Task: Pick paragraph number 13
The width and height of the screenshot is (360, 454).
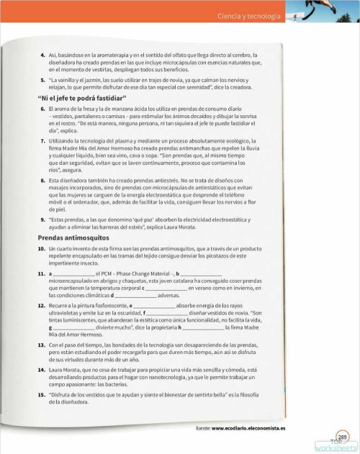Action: coord(41,345)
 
